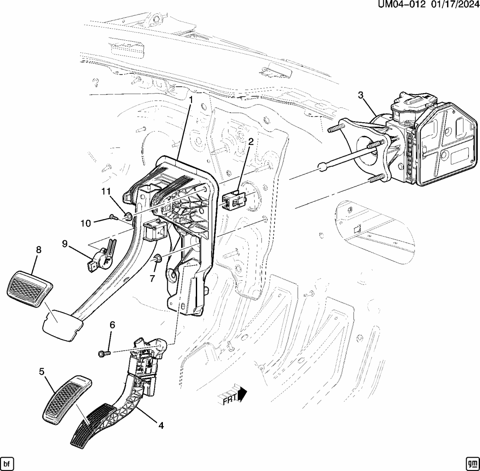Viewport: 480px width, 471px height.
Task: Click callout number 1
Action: pyautogui.click(x=190, y=100)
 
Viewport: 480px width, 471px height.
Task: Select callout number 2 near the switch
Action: pyautogui.click(x=251, y=141)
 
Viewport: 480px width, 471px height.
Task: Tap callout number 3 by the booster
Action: pyautogui.click(x=360, y=95)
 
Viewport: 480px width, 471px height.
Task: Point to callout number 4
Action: pyautogui.click(x=161, y=426)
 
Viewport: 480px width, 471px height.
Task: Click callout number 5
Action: pyautogui.click(x=42, y=371)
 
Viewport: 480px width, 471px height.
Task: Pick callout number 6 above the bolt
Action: pyautogui.click(x=112, y=325)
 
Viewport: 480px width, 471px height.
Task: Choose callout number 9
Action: pyautogui.click(x=65, y=244)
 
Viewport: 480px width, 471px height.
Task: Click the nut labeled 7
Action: pyautogui.click(x=158, y=259)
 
